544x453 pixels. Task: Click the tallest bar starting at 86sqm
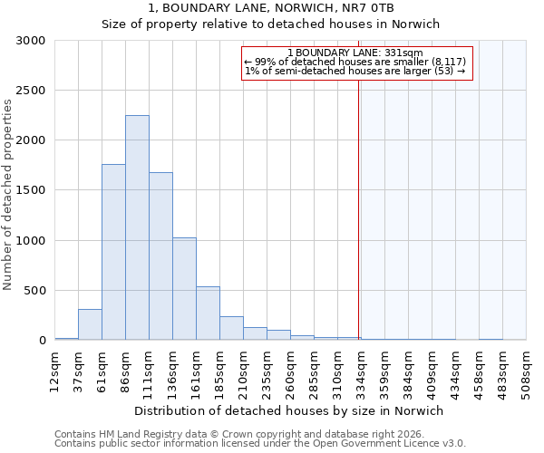pyautogui.click(x=137, y=227)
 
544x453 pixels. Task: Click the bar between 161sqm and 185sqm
pyautogui.click(x=208, y=313)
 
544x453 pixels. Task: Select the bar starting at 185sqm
pyautogui.click(x=231, y=328)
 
